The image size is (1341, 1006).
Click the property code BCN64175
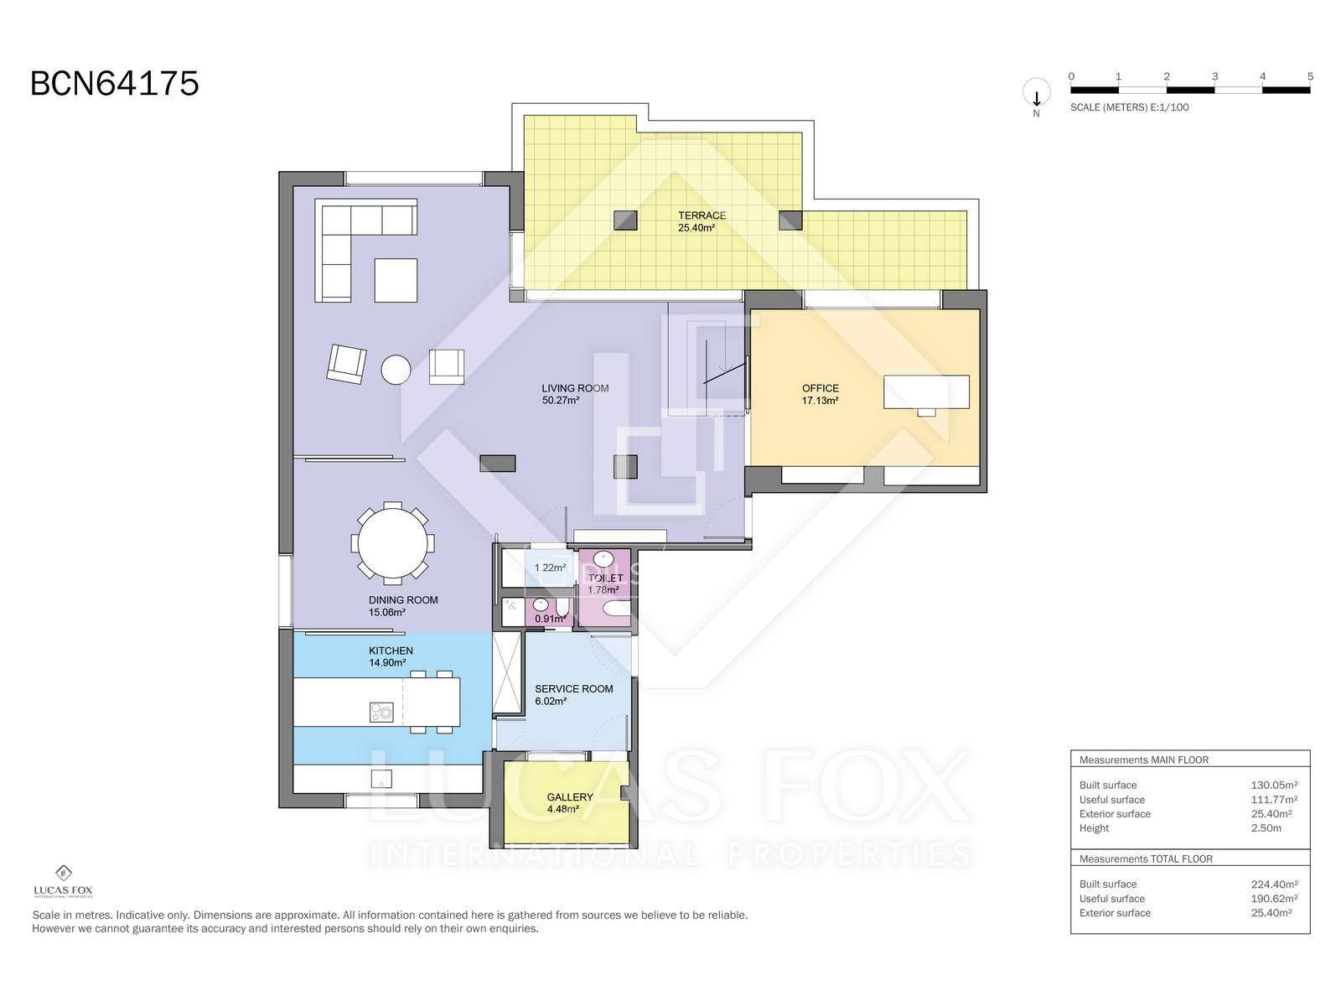point(115,84)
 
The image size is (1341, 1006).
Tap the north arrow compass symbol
point(1036,94)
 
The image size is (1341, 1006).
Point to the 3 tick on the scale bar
point(1214,77)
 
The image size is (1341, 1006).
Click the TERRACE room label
point(702,215)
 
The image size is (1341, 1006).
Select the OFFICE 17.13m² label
point(820,394)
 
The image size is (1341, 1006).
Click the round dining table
point(392,543)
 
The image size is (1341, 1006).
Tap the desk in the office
point(926,392)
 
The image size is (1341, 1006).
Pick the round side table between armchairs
point(396,369)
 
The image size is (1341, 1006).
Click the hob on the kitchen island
point(381,712)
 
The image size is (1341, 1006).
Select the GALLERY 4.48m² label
point(570,803)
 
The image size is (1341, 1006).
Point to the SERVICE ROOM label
point(573,689)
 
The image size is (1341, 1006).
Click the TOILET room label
point(605,578)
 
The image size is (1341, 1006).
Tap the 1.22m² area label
point(550,568)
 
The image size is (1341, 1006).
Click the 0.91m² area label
point(550,620)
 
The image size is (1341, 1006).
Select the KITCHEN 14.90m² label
point(391,656)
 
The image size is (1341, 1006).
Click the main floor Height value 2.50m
point(1266,828)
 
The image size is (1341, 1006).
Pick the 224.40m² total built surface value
point(1271,884)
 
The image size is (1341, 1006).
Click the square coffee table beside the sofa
point(396,280)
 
